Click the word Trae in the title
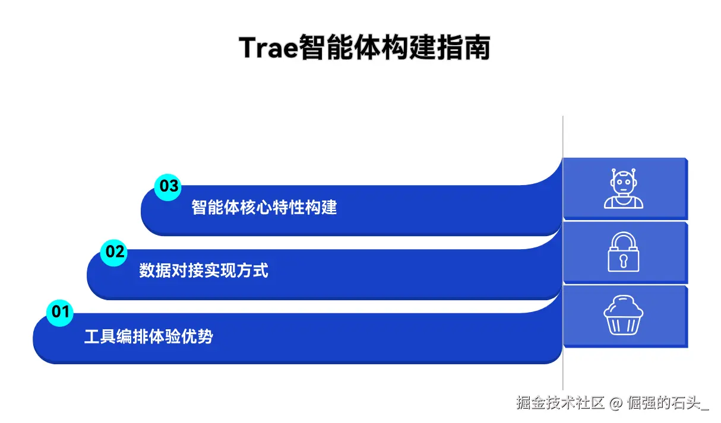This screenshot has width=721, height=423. pyautogui.click(x=267, y=47)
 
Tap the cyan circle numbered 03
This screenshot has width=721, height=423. pyautogui.click(x=168, y=186)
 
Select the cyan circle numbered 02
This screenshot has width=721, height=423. pyautogui.click(x=115, y=252)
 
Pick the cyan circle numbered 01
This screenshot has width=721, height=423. pyautogui.click(x=60, y=312)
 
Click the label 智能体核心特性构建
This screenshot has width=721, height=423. pyautogui.click(x=264, y=208)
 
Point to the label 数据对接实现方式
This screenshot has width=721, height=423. pyautogui.click(x=204, y=271)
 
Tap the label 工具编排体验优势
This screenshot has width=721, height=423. pyautogui.click(x=148, y=337)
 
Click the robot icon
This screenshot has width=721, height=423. pyautogui.click(x=624, y=189)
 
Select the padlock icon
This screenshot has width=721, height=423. pyautogui.click(x=624, y=252)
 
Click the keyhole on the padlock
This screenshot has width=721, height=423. pyautogui.click(x=624, y=260)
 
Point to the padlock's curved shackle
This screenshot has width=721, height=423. pyautogui.click(x=624, y=239)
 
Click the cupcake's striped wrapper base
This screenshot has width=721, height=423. pyautogui.click(x=624, y=324)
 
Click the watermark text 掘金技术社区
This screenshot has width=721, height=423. pyautogui.click(x=560, y=403)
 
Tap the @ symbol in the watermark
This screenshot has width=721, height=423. pyautogui.click(x=616, y=403)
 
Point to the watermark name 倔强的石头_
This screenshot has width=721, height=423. pyautogui.click(x=668, y=403)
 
